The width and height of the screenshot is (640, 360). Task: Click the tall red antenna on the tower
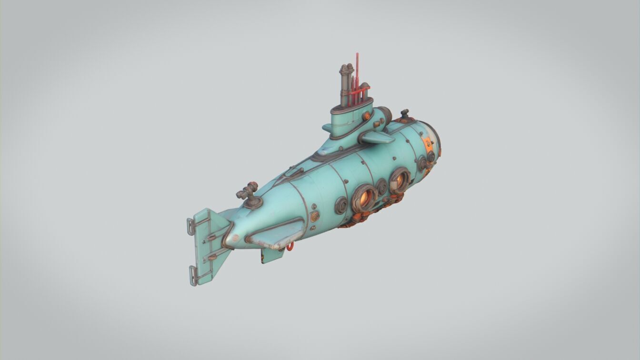(357, 71)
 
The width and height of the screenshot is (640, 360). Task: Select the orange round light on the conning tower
(367, 116)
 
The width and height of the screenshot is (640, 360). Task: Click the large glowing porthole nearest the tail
(365, 197)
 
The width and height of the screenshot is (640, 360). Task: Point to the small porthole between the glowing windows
(381, 187)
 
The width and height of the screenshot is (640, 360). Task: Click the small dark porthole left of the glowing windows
(341, 205)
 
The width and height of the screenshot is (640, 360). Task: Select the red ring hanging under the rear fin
(290, 246)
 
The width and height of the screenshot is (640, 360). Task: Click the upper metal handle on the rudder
(190, 228)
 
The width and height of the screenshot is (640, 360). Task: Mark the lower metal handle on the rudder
(192, 276)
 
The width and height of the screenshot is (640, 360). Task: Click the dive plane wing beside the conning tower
(376, 138)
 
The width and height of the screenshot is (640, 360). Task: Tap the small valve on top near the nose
(405, 114)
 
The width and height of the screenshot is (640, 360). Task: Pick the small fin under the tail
(271, 256)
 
